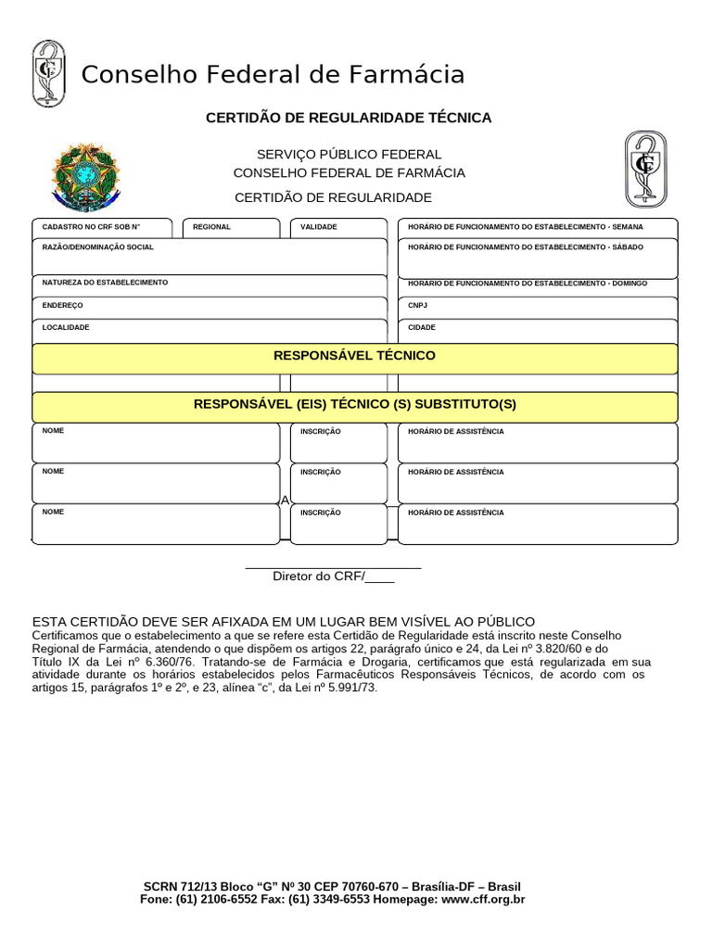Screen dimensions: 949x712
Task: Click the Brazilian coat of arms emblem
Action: coord(86,177)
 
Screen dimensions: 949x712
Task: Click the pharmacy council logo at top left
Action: coord(48,73)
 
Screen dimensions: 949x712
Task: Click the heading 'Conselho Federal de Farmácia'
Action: coord(273,74)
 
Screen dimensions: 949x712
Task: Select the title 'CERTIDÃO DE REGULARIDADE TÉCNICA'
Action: coord(348,118)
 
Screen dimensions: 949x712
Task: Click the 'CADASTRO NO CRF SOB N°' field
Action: coord(101,228)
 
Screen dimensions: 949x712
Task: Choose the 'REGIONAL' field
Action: coord(231,228)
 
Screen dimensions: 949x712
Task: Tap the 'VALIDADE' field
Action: coord(338,228)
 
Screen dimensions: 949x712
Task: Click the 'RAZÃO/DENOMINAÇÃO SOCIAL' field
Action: coord(210,257)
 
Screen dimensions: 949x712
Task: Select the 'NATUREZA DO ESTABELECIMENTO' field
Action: coord(210,285)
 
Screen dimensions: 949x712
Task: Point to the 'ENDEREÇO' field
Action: coord(210,307)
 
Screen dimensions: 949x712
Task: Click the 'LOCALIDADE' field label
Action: coord(66,327)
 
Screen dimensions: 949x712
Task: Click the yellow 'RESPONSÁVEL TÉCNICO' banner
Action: coord(354,357)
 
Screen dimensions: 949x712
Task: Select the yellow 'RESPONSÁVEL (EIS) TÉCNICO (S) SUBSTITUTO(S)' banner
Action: coord(354,406)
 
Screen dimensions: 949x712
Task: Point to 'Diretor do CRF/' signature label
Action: coord(319,576)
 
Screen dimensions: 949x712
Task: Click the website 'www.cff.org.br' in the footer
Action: coord(483,899)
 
